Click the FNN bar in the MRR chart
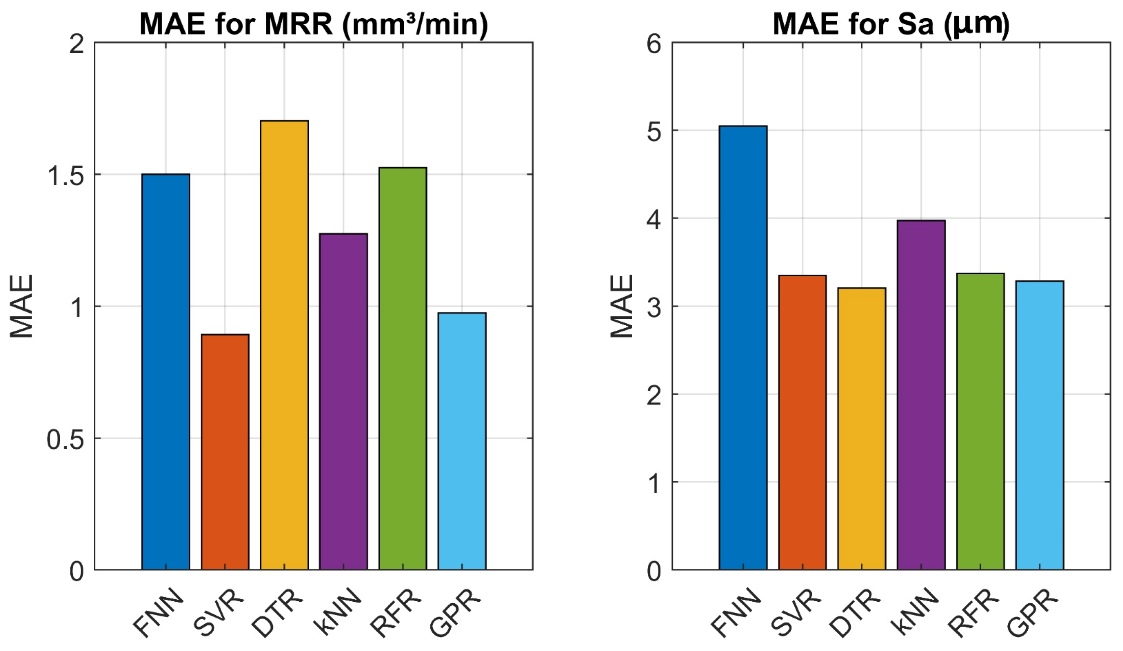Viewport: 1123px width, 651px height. [x=166, y=372]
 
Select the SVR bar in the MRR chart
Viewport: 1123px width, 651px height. [x=225, y=452]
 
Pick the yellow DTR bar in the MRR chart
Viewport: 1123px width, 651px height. [x=284, y=345]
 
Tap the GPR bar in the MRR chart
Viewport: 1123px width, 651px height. [x=462, y=441]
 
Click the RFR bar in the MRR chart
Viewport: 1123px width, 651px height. [x=403, y=368]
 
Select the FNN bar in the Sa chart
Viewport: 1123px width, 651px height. [x=743, y=347]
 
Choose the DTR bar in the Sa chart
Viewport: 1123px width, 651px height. [x=862, y=429]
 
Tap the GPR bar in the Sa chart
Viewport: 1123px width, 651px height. [x=1040, y=425]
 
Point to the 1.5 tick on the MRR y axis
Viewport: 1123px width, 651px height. [x=66, y=174]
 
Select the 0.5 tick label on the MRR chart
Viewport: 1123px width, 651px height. [x=66, y=439]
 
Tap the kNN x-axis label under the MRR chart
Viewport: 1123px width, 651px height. [x=340, y=611]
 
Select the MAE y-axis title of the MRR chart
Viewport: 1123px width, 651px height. [x=21, y=306]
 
